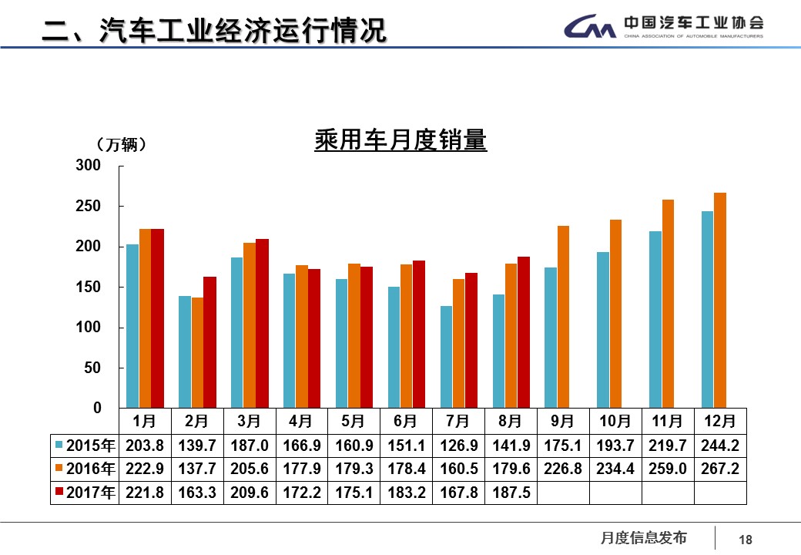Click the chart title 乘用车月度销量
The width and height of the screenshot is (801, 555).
(x=400, y=141)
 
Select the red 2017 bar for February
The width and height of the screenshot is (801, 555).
(x=209, y=342)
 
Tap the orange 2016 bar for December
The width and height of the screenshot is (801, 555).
(x=719, y=301)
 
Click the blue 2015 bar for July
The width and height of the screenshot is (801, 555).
(x=446, y=357)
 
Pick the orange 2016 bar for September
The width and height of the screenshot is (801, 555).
(x=563, y=317)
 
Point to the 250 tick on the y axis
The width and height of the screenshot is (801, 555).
(x=88, y=207)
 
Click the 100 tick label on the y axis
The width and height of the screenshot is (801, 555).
(x=88, y=328)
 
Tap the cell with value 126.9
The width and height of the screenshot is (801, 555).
(x=457, y=446)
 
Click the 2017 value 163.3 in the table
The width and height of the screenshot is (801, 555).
(x=196, y=493)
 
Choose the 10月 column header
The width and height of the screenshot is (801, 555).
(x=615, y=422)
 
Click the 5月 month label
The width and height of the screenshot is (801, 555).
(x=354, y=422)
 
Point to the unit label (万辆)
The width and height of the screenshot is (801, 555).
(x=122, y=145)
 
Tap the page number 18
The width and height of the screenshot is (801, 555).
(x=745, y=540)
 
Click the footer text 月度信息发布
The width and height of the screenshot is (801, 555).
(x=643, y=538)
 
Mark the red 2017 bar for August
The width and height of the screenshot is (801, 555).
(x=523, y=332)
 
